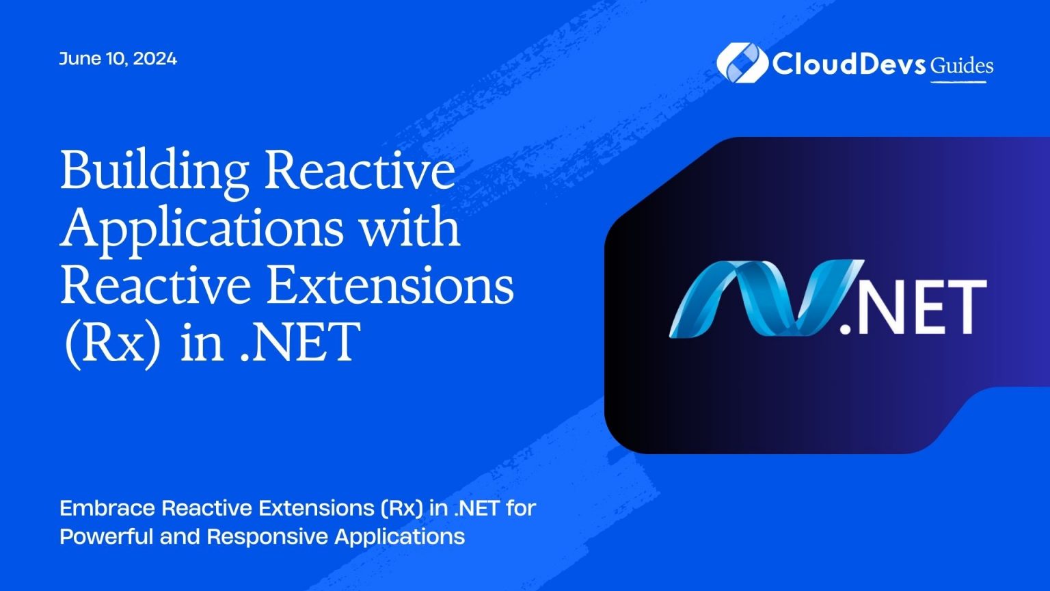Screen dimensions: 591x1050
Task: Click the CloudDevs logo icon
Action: point(741,62)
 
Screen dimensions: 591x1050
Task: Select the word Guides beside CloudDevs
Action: point(962,66)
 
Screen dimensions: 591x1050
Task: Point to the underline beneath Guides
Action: point(958,82)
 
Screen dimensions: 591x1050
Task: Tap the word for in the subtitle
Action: point(521,508)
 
